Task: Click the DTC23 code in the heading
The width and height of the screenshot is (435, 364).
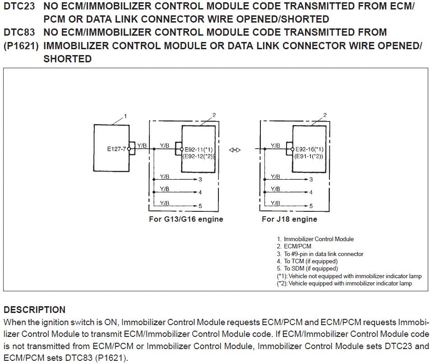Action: pyautogui.click(x=19, y=6)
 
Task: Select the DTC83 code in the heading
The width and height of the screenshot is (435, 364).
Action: pyautogui.click(x=19, y=33)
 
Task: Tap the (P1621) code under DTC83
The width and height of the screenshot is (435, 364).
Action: pyautogui.click(x=21, y=46)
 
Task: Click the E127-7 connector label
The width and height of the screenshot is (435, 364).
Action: pyautogui.click(x=117, y=149)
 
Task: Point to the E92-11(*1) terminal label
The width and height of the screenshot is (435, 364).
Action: pyautogui.click(x=199, y=149)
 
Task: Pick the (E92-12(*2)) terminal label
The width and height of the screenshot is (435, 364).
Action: pyautogui.click(x=198, y=156)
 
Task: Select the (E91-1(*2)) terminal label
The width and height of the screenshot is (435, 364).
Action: pyautogui.click(x=309, y=156)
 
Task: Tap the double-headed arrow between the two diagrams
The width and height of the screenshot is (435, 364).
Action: pyautogui.click(x=235, y=150)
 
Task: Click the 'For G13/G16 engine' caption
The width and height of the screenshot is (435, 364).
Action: pyautogui.click(x=186, y=219)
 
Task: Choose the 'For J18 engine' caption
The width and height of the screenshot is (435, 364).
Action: pyautogui.click(x=289, y=219)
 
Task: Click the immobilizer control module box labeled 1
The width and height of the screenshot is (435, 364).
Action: pyautogui.click(x=110, y=148)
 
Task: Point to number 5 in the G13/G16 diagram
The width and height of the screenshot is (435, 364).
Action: pyautogui.click(x=200, y=206)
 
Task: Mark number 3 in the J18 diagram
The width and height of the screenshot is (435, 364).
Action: pyautogui.click(x=311, y=180)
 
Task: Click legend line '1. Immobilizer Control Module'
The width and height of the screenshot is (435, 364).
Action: pyautogui.click(x=315, y=239)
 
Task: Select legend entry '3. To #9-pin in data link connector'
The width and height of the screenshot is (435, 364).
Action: pyautogui.click(x=320, y=254)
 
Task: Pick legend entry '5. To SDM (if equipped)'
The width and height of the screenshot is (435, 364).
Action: pyautogui.click(x=307, y=268)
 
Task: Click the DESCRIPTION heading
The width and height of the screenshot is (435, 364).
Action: pyautogui.click(x=34, y=310)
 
